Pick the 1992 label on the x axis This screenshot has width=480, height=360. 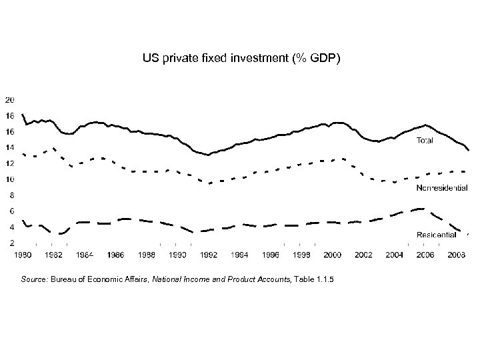tap(209, 255)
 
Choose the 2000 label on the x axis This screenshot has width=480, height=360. tap(333, 255)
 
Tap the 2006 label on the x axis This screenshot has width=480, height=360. tap(426, 255)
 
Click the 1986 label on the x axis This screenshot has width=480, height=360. tap(115, 255)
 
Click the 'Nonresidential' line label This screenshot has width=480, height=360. tap(441, 188)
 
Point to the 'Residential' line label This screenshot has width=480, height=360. tap(436, 234)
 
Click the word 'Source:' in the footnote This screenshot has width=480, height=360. tap(37, 279)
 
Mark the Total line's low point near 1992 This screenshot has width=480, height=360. tap(208, 155)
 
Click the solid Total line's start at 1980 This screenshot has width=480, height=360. tap(23, 115)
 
